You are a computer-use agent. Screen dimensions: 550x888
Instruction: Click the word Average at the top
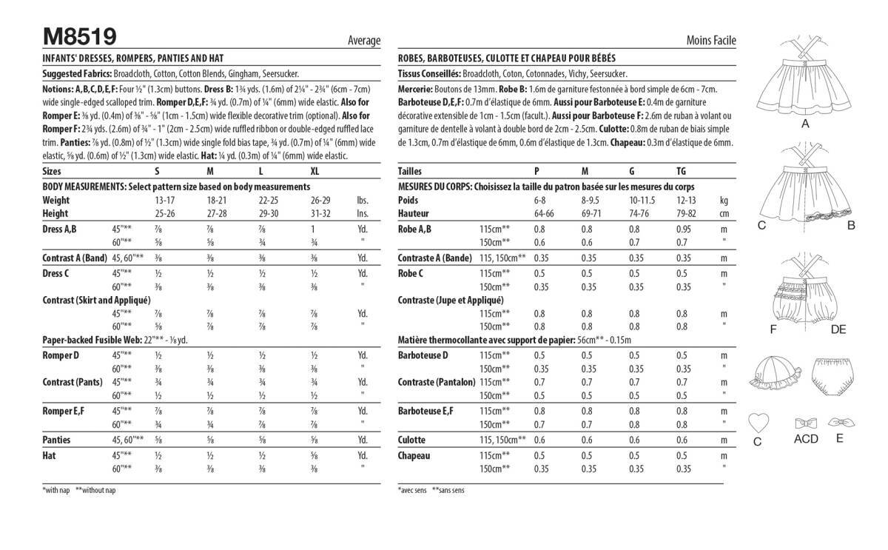363,41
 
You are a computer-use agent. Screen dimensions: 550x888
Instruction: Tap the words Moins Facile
711,41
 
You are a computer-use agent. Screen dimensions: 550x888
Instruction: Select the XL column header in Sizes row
315,171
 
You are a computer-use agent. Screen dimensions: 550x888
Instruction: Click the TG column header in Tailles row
681,171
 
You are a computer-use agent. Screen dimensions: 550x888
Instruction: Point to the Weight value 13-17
165,201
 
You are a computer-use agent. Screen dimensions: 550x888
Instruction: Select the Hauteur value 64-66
545,214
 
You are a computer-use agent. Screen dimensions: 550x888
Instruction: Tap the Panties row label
57,440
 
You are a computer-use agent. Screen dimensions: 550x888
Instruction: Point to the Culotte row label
412,440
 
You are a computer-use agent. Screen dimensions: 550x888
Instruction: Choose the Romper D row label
61,355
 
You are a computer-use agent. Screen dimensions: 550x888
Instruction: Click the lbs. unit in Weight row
363,201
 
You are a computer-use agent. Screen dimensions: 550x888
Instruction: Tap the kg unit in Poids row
724,201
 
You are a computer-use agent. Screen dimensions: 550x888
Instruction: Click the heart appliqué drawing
758,423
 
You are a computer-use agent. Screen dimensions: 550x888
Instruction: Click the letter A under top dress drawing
805,125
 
